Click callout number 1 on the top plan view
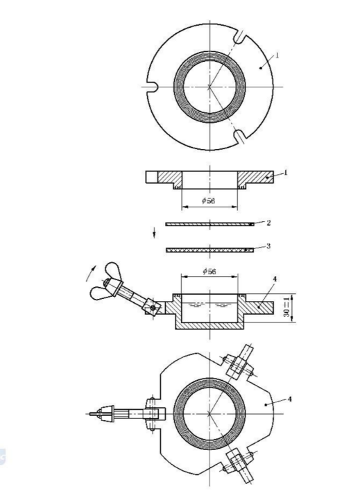tap(277, 55)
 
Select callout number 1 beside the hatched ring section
tap(286, 173)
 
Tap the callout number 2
tap(268, 223)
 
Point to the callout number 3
tap(268, 246)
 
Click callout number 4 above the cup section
tap(275, 279)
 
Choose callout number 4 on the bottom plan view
tap(289, 399)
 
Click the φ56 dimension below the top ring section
tap(209, 200)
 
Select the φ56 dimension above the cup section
tap(209, 271)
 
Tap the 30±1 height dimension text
tap(287, 307)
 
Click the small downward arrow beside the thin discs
tap(154, 232)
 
